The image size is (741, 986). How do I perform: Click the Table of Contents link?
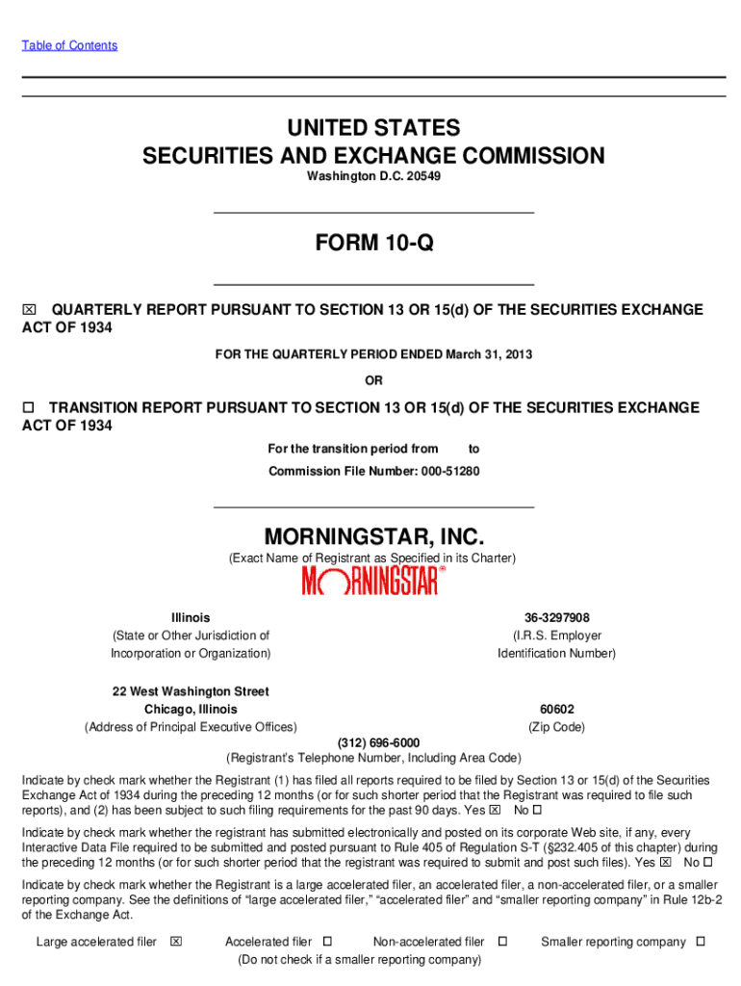click(69, 45)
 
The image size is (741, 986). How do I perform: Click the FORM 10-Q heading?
click(373, 245)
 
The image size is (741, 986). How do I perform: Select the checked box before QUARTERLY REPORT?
click(29, 310)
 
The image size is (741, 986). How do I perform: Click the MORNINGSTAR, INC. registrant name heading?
click(373, 535)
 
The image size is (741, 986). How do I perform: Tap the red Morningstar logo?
click(373, 581)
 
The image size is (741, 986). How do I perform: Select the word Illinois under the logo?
click(191, 617)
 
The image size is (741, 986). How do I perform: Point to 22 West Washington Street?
click(191, 691)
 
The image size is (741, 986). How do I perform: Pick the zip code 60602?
click(556, 710)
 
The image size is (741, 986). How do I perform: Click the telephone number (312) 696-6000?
click(378, 742)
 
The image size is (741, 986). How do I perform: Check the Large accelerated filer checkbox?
click(175, 942)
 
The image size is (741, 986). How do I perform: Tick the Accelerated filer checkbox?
click(327, 942)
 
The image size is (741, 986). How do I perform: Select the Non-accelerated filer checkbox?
click(501, 942)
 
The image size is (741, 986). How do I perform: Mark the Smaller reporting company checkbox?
click(701, 942)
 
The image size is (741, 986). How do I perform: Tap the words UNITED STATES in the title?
click(373, 128)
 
